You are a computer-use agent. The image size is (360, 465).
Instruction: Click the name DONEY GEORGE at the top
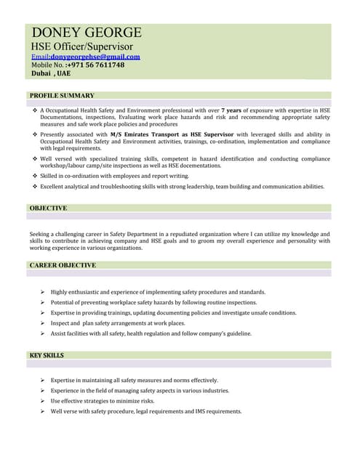point(87,33)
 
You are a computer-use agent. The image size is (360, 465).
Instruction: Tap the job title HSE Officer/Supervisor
point(82,46)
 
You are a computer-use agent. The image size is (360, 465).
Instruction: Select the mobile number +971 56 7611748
point(87,65)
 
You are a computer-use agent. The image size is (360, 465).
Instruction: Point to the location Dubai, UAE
point(51,73)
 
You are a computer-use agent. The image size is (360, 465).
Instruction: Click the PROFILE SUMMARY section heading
point(62,95)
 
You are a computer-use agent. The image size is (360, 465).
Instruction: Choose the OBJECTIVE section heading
point(48,208)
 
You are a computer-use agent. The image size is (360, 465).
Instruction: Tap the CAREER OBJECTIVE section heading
point(63,265)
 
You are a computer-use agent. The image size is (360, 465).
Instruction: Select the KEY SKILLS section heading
point(47,355)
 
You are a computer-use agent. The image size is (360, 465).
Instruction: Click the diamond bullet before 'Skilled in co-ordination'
point(35,176)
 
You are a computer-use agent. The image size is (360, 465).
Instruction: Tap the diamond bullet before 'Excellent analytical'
point(35,187)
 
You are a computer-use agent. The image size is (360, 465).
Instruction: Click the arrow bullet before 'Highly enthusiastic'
point(43,292)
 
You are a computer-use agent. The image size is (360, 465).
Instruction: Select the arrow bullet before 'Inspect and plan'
point(43,323)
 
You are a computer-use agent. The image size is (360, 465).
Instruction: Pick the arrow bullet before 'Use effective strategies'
point(43,401)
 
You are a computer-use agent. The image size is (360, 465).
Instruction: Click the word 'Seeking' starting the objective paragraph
point(41,234)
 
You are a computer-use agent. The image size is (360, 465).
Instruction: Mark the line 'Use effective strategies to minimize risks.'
point(103,401)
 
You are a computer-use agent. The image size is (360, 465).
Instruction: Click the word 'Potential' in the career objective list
point(64,302)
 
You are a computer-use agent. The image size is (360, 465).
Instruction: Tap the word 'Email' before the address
point(39,56)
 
